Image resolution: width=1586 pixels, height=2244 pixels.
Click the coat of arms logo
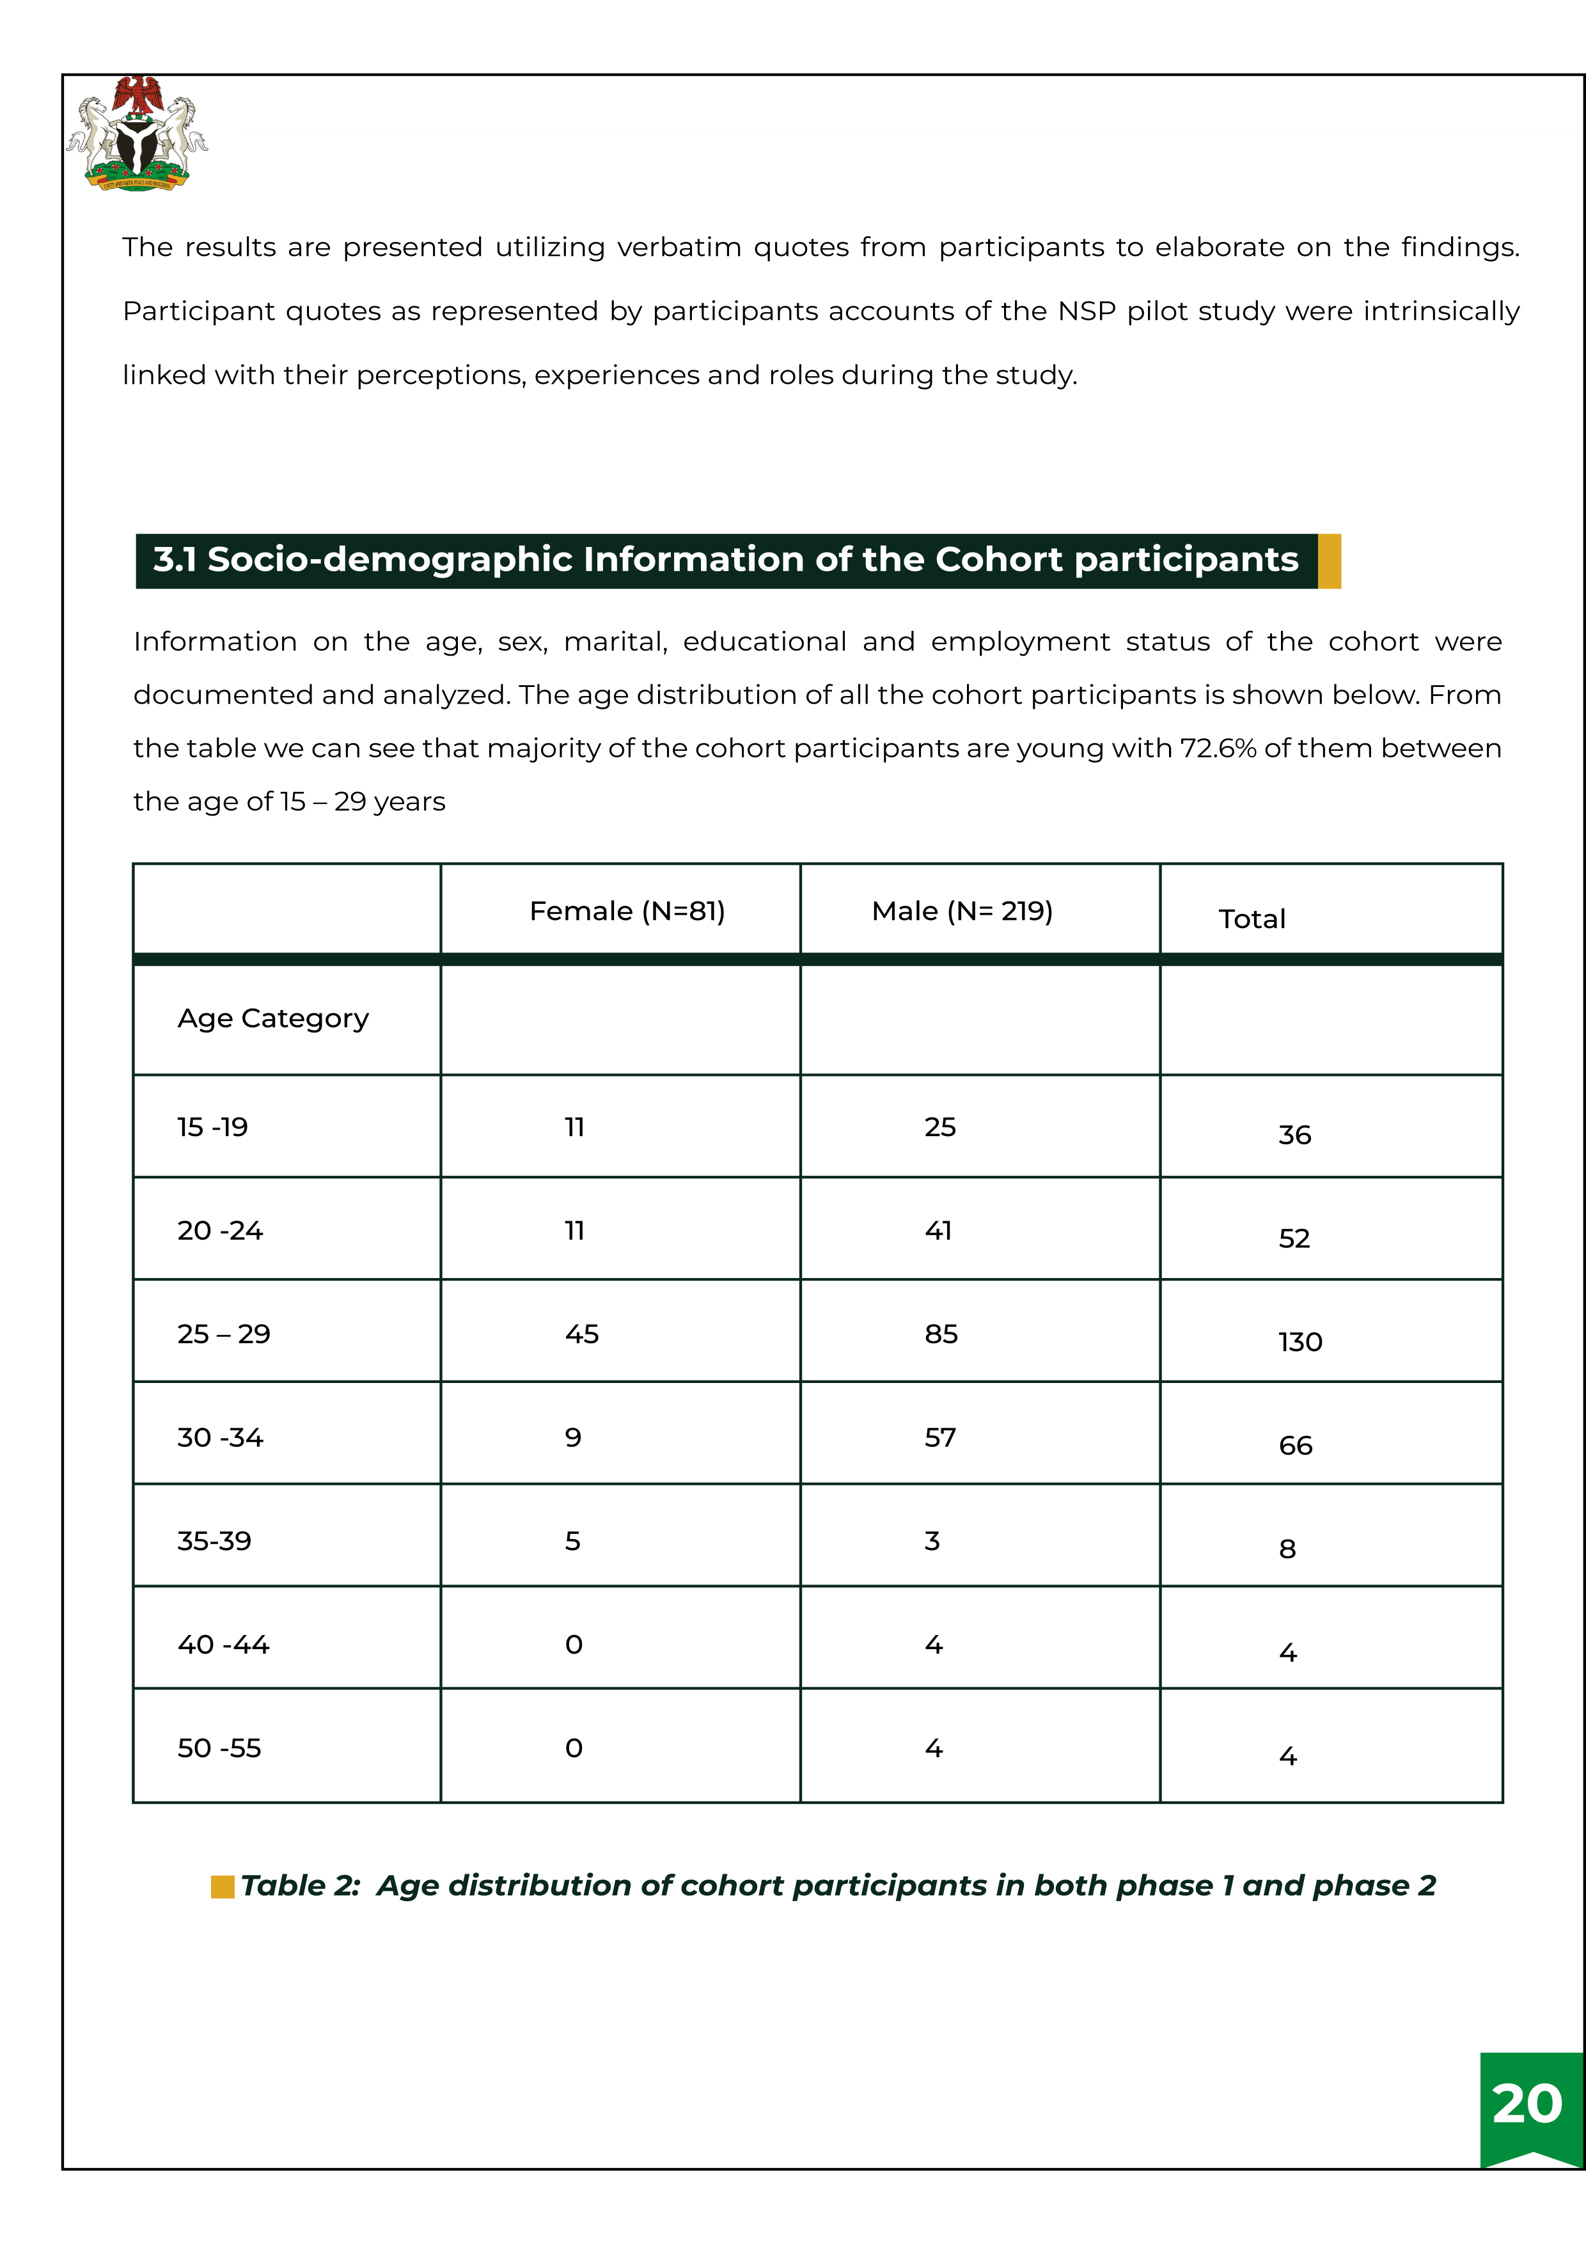[x=137, y=133]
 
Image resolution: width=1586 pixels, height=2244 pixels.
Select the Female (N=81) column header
[x=626, y=911]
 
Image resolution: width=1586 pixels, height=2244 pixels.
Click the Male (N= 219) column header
[x=962, y=911]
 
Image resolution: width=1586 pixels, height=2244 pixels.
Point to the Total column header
[x=1251, y=919]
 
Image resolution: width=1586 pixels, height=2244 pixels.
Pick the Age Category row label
[x=272, y=1018]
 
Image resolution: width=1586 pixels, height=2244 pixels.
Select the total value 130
[x=1299, y=1342]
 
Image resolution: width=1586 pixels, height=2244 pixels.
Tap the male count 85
[x=941, y=1334]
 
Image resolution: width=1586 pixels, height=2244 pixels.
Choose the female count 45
[x=581, y=1334]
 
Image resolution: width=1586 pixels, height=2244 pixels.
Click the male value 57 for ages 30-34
[x=940, y=1438]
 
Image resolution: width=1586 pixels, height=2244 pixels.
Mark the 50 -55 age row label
[x=219, y=1748]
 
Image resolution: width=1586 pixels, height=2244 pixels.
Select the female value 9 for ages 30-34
[x=572, y=1438]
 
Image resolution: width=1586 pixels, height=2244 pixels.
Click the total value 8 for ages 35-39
[x=1287, y=1549]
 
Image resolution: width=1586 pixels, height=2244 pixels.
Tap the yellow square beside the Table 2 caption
[x=223, y=1886]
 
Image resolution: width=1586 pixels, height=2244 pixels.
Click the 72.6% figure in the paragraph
[x=1218, y=748]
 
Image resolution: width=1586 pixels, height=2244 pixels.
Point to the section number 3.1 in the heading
[x=175, y=560]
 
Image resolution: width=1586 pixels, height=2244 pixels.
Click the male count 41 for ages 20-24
[x=938, y=1231]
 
